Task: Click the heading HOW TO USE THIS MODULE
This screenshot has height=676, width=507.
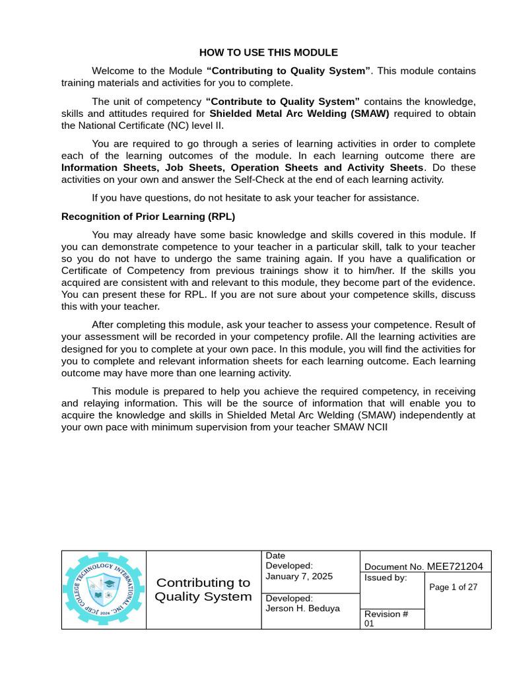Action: click(269, 52)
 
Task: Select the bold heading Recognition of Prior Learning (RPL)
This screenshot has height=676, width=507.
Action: click(148, 216)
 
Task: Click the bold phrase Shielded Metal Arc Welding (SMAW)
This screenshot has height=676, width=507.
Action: click(299, 113)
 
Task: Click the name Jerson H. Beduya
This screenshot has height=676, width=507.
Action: click(302, 608)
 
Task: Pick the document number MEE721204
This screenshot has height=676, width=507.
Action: click(454, 566)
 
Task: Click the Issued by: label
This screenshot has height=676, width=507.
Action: click(386, 578)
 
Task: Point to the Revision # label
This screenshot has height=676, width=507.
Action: click(386, 614)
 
